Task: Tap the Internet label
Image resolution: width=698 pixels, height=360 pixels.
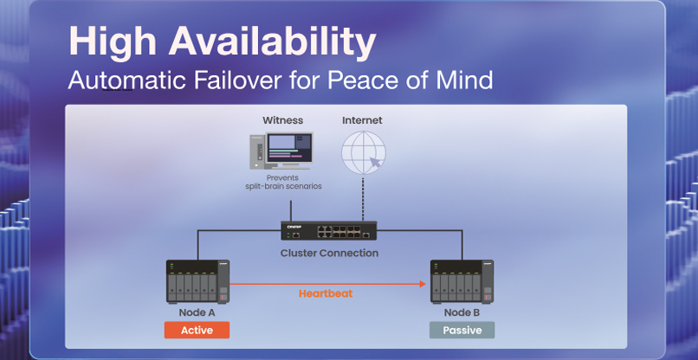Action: tap(362, 120)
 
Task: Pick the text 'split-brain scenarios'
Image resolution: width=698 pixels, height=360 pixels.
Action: tap(282, 187)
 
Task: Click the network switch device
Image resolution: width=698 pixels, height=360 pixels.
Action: tap(329, 231)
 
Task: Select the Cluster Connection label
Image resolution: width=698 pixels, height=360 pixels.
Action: tap(329, 254)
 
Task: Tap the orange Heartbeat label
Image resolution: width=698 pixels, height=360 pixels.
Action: tap(326, 294)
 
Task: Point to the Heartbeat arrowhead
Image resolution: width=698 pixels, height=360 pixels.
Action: tap(425, 282)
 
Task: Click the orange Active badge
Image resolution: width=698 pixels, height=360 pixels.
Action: tap(197, 331)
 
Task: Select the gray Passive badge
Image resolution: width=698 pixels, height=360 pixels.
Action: tap(462, 331)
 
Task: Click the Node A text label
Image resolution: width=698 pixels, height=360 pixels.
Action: tap(197, 312)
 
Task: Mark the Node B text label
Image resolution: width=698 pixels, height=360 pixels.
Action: tap(462, 312)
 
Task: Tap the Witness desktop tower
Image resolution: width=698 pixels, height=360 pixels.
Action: tap(256, 152)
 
